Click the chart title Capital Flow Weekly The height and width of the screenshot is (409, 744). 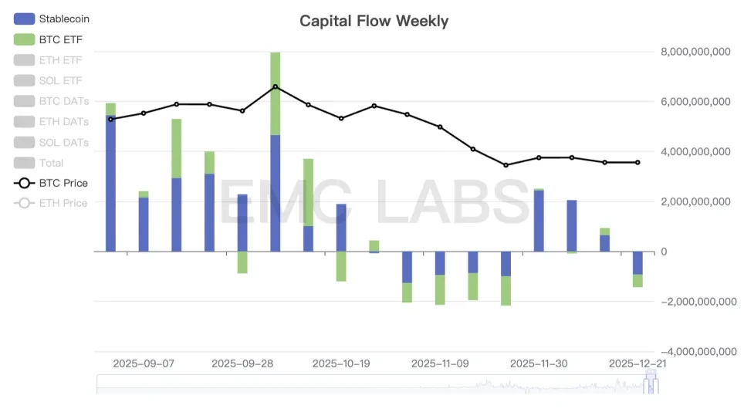(x=374, y=21)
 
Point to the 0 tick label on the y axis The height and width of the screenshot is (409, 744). (x=665, y=252)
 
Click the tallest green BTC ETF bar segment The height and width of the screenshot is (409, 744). (x=276, y=93)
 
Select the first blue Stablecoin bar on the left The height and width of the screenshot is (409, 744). (x=110, y=184)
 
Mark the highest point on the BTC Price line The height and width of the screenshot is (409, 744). (x=276, y=87)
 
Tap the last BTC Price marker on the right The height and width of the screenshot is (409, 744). (x=637, y=162)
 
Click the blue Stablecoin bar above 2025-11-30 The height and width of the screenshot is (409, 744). (x=539, y=221)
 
